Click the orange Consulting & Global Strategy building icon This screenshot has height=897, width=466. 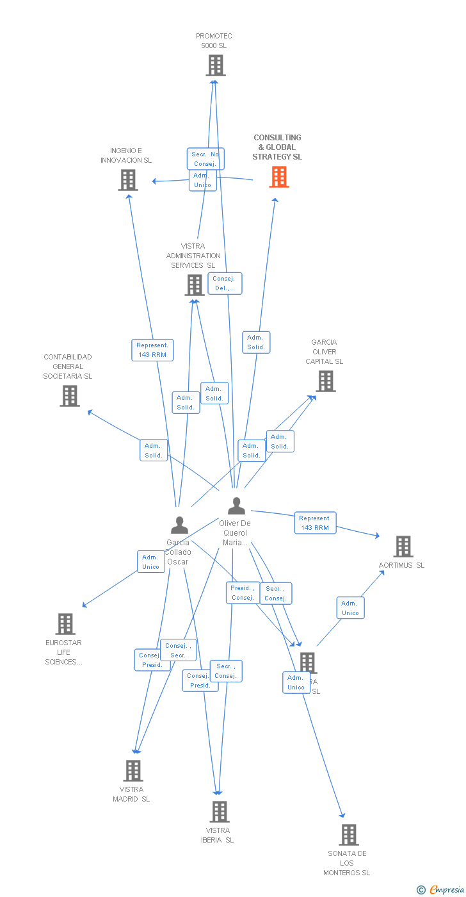coord(279,177)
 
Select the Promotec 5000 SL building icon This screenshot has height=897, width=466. coord(216,65)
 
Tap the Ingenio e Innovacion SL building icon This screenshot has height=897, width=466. coord(128,180)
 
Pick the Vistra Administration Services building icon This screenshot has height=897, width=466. coord(195,285)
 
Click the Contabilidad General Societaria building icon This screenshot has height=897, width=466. coord(70,396)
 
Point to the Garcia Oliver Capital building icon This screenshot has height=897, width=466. coord(326,381)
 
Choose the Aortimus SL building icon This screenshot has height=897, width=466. coord(403,547)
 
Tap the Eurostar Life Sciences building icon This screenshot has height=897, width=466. coord(65,623)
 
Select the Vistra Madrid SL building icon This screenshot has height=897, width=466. coord(133,770)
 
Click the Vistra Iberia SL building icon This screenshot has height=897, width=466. coord(220,811)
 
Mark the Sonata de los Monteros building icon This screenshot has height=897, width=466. coord(349,834)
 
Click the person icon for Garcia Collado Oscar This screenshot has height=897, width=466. coord(179,525)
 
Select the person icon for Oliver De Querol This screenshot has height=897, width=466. coord(236,506)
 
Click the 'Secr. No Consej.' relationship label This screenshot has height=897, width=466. coord(205,159)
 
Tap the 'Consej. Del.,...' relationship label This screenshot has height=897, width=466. coord(225,284)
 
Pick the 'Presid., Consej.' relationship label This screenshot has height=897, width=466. coord(243,593)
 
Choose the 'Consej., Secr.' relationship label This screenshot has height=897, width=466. coord(178,650)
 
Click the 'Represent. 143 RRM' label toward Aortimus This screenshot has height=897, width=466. coord(315,523)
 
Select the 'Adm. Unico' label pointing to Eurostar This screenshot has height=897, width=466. coord(151,562)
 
